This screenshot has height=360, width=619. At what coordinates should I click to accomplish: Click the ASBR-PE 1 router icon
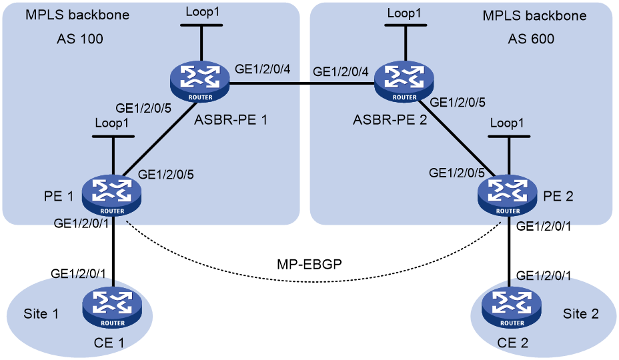pos(200,82)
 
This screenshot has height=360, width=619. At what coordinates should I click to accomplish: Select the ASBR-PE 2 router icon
pos(404,82)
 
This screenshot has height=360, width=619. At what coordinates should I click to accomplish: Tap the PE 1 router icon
pos(111,196)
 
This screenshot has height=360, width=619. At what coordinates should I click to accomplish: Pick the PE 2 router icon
pos(508,196)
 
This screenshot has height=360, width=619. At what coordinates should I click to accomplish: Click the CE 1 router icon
pos(113,308)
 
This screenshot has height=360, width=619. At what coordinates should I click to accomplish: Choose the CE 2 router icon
pos(512,308)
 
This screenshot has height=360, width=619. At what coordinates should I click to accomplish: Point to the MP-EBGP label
pos(309,264)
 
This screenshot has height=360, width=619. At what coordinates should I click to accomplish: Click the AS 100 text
pos(80,39)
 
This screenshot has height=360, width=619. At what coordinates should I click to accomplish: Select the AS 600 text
pos(531,39)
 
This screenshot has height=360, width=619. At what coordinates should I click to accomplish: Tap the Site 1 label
pos(41,314)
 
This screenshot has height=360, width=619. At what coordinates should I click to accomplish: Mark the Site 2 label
pos(581,314)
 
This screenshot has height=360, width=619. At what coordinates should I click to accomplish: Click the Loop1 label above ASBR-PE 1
pos(202,12)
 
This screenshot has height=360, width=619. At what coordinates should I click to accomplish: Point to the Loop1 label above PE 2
pos(507,123)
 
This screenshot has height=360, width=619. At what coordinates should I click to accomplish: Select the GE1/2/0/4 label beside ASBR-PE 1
pos(263,69)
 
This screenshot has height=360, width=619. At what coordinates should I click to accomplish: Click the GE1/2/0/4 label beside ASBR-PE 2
pos(341,71)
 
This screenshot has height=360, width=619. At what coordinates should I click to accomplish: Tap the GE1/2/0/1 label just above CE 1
pos(78,273)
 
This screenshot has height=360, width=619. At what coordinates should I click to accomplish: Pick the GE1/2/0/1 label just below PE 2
pos(544,226)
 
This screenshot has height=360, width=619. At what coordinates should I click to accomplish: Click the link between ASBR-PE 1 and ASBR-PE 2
pos(302,83)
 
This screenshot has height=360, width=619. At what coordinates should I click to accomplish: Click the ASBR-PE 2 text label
pos(390,119)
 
